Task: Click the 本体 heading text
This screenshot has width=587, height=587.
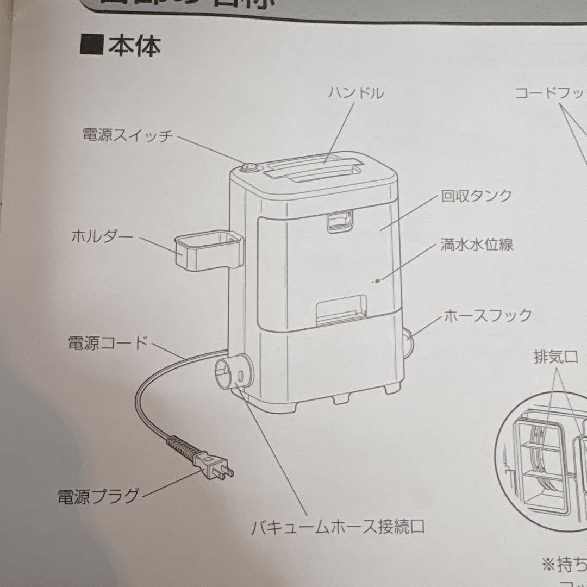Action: (134, 46)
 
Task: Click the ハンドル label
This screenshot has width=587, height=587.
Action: (356, 93)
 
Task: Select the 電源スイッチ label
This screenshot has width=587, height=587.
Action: (127, 135)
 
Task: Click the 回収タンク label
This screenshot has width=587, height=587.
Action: (476, 196)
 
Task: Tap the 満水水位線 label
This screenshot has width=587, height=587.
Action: (477, 245)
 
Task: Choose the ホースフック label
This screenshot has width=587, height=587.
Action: (488, 315)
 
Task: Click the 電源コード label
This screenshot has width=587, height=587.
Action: (108, 343)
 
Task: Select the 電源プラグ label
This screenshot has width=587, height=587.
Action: (98, 496)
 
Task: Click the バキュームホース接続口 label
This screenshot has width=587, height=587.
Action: (337, 526)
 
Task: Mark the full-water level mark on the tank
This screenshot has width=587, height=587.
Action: (377, 280)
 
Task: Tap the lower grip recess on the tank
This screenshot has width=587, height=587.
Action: (343, 309)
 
